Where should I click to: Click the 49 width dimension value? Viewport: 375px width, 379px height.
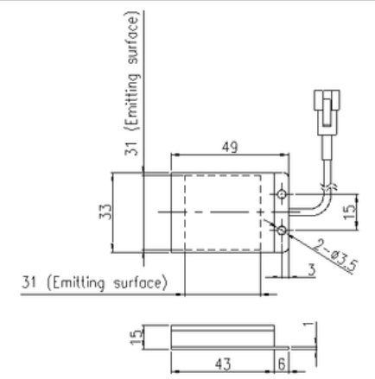pyautogui.click(x=230, y=148)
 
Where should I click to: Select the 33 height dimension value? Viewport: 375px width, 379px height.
pyautogui.click(x=105, y=212)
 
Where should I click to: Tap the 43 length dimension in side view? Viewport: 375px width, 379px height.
pyautogui.click(x=223, y=364)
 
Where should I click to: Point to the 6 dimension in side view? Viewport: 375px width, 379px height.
pyautogui.click(x=282, y=364)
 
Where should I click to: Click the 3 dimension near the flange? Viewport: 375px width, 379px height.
pyautogui.click(x=311, y=270)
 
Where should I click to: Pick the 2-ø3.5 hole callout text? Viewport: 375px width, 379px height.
pyautogui.click(x=335, y=256)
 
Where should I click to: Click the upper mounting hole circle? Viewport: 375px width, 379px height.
pyautogui.click(x=282, y=194)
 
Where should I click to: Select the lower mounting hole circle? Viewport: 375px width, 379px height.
pyautogui.click(x=282, y=231)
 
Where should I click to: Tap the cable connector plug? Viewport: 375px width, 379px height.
pyautogui.click(x=327, y=112)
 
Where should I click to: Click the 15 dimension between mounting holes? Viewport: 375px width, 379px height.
pyautogui.click(x=350, y=212)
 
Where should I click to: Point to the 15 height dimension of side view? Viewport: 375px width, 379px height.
pyautogui.click(x=136, y=337)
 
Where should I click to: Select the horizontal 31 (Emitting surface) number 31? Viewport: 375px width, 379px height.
pyautogui.click(x=29, y=282)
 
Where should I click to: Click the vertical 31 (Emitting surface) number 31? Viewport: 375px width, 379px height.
pyautogui.click(x=131, y=148)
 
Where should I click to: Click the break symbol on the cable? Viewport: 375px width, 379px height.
pyautogui.click(x=328, y=186)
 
